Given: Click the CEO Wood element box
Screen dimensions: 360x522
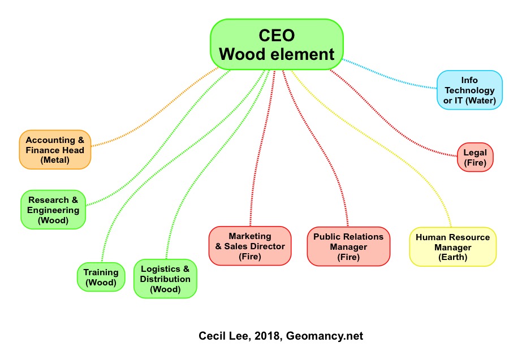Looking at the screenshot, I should click(277, 45).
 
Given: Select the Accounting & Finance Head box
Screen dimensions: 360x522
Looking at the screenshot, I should click(55, 150).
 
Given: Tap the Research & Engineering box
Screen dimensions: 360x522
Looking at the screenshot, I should click(53, 210).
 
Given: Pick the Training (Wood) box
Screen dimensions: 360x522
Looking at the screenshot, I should click(101, 276).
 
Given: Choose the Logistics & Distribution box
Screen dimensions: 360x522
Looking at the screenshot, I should click(165, 279).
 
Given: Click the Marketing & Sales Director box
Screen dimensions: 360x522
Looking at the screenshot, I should click(250, 246).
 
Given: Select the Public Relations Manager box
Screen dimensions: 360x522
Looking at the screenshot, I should click(348, 246).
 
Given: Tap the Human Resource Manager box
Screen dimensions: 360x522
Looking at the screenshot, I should click(452, 247).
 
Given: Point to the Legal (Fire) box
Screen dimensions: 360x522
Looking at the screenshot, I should click(475, 157).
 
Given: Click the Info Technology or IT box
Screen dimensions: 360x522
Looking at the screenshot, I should click(469, 90).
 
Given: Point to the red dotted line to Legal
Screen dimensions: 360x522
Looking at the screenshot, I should click(396, 119).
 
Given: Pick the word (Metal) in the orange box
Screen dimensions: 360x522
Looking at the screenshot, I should click(55, 160).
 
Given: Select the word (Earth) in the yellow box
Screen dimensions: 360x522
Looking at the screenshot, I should click(452, 257).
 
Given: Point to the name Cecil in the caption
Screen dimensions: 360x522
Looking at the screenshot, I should click(212, 336).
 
